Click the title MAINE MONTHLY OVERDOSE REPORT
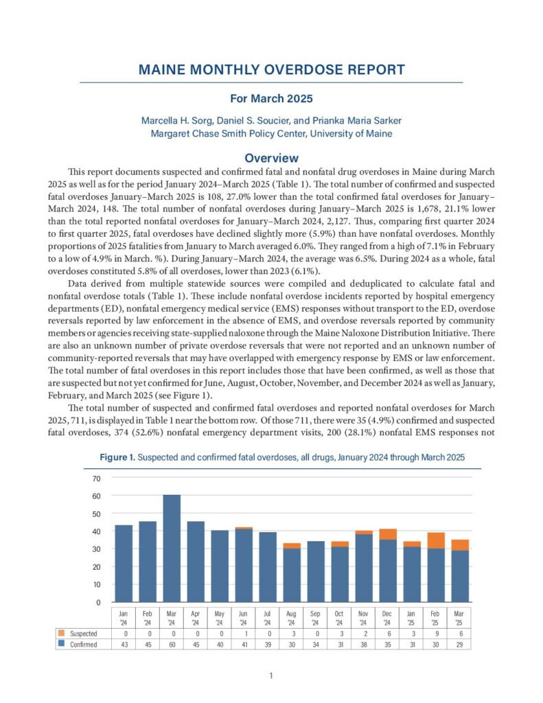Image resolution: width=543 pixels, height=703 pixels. (x=271, y=70)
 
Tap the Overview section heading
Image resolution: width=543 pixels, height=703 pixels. (x=271, y=158)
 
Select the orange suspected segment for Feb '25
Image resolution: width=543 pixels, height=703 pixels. (x=437, y=540)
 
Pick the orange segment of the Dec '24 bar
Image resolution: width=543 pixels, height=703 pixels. (x=388, y=534)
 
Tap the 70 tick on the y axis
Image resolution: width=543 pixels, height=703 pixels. (x=97, y=479)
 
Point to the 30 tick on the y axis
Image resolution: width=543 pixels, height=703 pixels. (x=97, y=549)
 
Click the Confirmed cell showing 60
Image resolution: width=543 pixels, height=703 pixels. (x=171, y=645)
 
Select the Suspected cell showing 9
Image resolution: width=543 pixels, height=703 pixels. (x=437, y=633)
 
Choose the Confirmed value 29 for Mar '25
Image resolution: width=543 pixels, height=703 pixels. (x=461, y=645)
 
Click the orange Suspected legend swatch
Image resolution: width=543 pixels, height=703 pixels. (x=62, y=633)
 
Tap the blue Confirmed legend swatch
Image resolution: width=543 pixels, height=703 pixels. (x=62, y=645)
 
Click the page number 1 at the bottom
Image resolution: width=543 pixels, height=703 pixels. (x=271, y=676)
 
